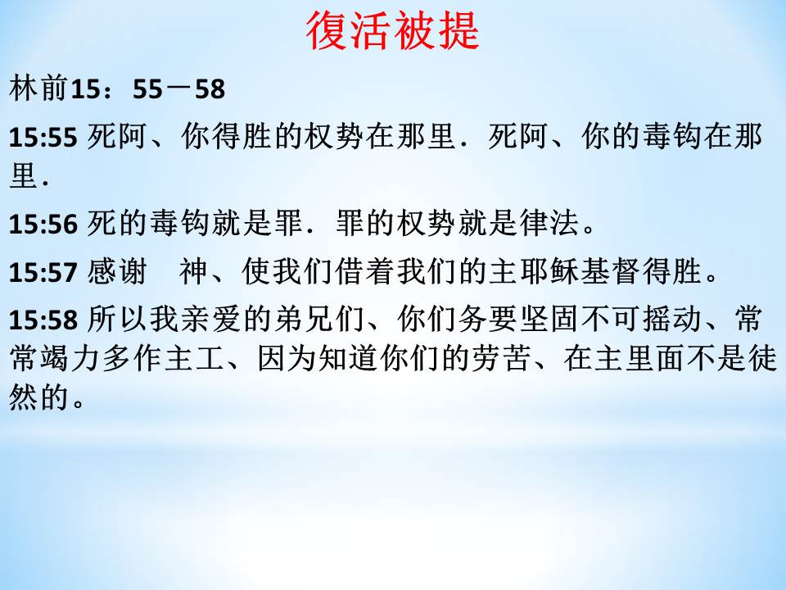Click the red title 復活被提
coord(392,31)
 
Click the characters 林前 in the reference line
coord(38,88)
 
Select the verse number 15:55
coord(43,138)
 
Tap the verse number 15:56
coord(43,224)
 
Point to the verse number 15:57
coord(43,272)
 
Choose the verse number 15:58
coord(43,320)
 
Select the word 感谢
coord(117,271)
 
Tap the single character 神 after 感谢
coord(193,271)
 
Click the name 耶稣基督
coord(580,271)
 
